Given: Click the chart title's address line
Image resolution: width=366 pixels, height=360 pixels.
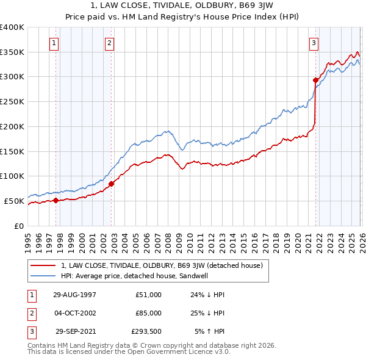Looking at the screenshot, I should coord(183,6).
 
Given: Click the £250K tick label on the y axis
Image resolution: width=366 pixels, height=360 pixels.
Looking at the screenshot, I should coord(12,102).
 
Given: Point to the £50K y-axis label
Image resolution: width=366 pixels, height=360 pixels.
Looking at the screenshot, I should coord(13,201).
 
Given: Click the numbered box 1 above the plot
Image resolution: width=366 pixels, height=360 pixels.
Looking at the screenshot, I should coord(55,43).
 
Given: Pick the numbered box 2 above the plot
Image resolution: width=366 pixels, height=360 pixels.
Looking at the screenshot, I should coord(109,43).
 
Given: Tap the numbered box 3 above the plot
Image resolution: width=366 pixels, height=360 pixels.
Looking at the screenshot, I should coord(314,43).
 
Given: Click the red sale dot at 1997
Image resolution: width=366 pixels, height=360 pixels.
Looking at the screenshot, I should coord(56,200).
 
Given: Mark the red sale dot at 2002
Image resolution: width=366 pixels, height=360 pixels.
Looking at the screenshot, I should coord(111,184).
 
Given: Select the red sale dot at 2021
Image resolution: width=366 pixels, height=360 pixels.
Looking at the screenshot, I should coord(315,80).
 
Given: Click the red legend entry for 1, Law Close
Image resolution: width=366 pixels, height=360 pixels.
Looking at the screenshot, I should coord(162,265).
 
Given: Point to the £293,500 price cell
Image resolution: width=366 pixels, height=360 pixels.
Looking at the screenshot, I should coord(146,331).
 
